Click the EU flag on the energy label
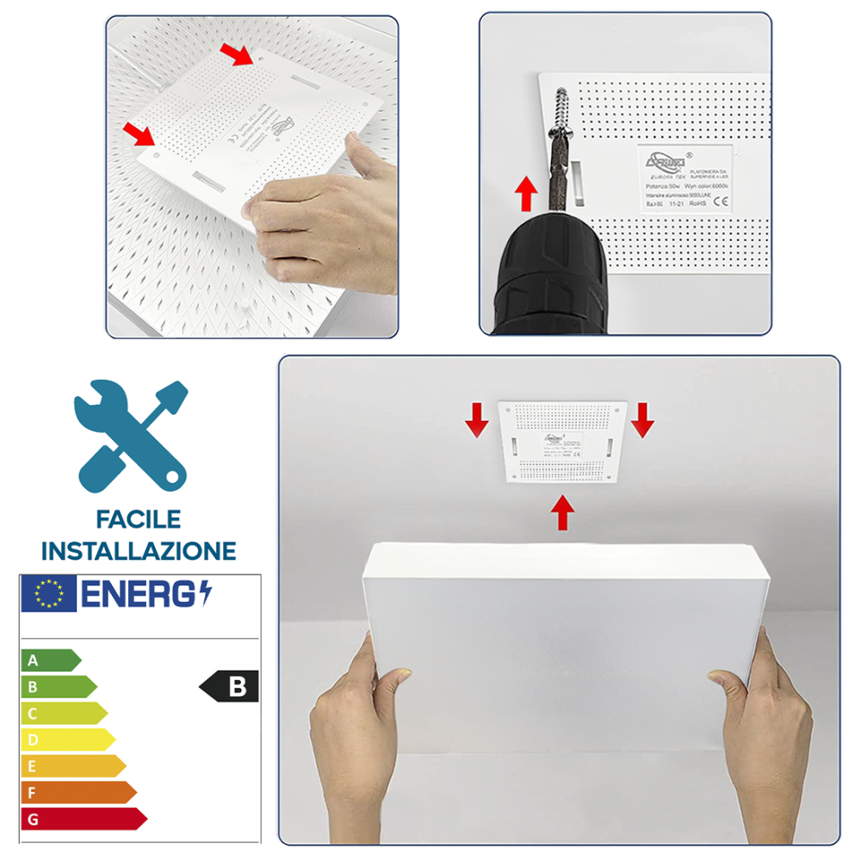49,594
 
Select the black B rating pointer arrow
230,686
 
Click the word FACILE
139,519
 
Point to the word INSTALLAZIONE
139,550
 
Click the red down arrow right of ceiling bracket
643,419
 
